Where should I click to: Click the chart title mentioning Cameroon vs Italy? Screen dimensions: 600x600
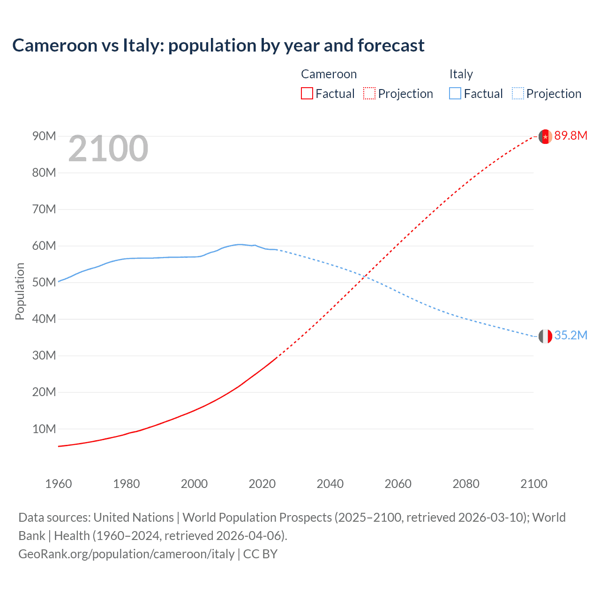coord(218,45)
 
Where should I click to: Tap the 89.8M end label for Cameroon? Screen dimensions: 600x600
coord(570,136)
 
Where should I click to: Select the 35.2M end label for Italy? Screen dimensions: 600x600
coord(570,335)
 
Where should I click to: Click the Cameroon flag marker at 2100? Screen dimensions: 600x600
coord(545,136)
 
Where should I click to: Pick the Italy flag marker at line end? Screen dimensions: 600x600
coord(545,336)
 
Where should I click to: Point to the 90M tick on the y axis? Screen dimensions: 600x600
coord(44,136)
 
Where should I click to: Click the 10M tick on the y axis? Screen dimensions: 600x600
coord(44,429)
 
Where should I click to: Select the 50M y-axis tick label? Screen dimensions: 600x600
coord(44,282)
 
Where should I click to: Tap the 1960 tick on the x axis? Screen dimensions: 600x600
coord(59,484)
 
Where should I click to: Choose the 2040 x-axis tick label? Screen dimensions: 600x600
coord(330,484)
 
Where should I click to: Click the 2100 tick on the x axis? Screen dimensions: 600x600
coord(533,484)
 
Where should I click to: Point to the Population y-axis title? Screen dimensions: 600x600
coord(20,291)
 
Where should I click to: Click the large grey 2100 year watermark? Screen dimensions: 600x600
coord(108,149)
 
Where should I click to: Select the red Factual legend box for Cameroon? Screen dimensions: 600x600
coord(307,94)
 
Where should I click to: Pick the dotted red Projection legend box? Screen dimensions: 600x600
coord(369,94)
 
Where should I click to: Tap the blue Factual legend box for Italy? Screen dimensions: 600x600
coord(455,94)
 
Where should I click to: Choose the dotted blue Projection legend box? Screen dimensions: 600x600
coord(517,94)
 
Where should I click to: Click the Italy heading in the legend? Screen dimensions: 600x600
coord(461,74)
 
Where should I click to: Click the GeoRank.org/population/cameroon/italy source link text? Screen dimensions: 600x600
coord(126,554)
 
